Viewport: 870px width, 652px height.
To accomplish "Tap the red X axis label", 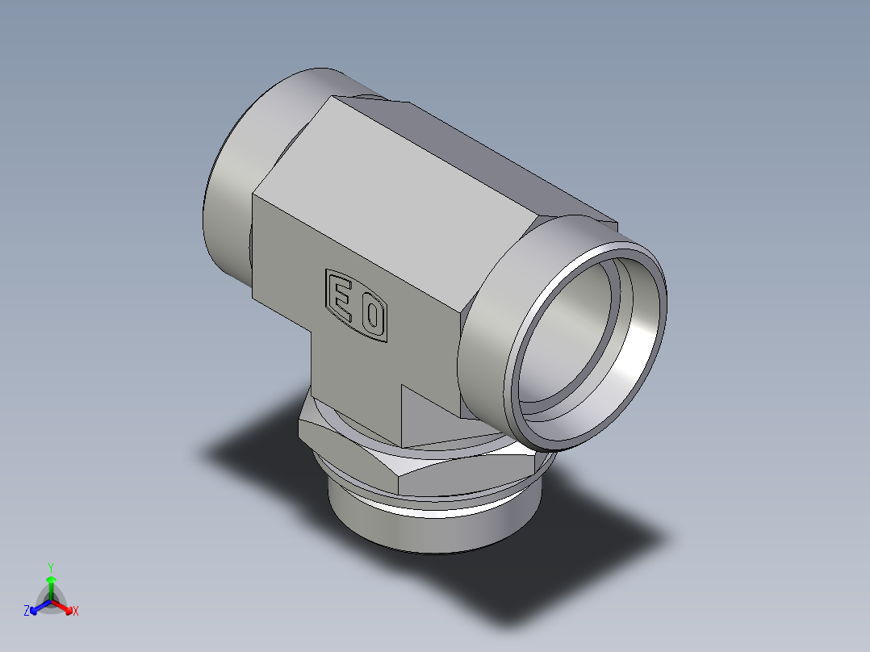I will pos(76,612).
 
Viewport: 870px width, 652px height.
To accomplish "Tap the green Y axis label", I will pos(50,566).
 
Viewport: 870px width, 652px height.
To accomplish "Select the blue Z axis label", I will pos(27,612).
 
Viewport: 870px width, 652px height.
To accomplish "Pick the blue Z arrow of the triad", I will pos(37,607).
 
